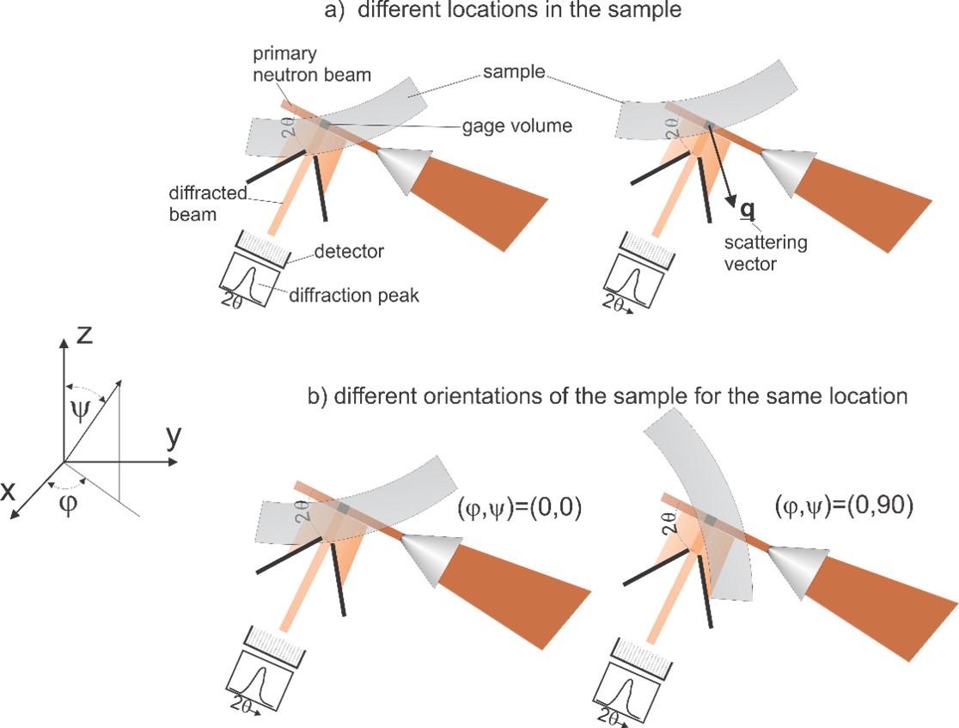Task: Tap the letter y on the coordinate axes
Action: point(174,439)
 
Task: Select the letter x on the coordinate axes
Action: point(10,491)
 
